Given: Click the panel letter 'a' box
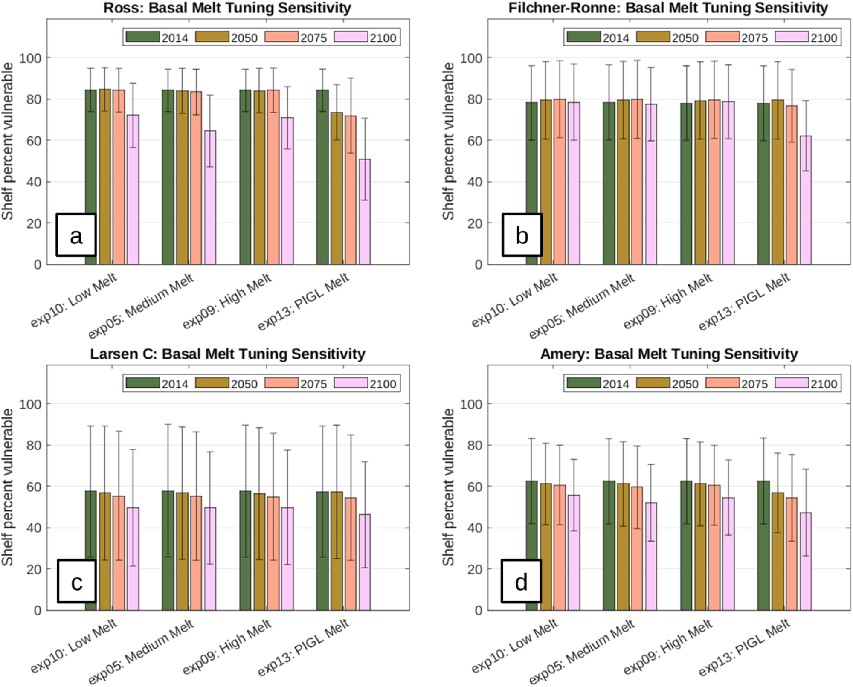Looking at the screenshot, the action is pos(76,235).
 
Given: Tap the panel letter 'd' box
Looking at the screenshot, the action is pos(521,581).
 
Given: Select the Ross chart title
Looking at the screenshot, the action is pos(227,8).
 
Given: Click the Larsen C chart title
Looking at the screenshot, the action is pos(228,354).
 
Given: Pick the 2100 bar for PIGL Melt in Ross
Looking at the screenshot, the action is pos(365,212).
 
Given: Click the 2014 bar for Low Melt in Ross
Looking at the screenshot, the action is pos(91,177).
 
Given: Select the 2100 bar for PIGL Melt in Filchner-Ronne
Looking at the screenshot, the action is pos(806,200).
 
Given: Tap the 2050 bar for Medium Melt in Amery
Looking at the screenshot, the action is pos(623,547).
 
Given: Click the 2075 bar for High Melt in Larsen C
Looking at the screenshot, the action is pos(273,554).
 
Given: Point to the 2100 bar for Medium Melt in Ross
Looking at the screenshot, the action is pos(210,198).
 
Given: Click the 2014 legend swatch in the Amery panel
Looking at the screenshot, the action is pos(584,383).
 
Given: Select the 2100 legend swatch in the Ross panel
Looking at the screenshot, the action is pos(351,37).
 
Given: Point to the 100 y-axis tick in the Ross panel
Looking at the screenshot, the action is pos(30,58).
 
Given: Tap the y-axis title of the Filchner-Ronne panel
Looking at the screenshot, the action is pos(448,141).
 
